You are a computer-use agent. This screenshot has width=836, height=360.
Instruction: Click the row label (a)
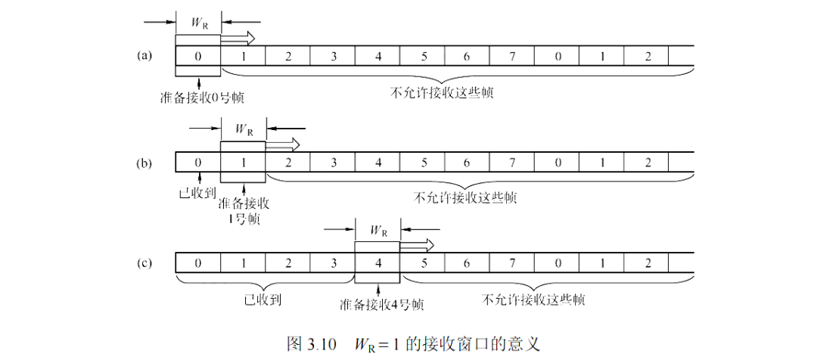coord(144,56)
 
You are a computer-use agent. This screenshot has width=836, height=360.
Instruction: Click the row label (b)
coord(144,163)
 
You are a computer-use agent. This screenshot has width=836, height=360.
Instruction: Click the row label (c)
coord(144,263)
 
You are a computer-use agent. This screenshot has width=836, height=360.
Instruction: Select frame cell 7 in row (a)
coord(511,56)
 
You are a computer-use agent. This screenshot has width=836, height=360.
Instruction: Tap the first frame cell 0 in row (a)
coord(197,56)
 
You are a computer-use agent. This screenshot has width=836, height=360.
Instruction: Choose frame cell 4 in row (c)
coord(378,263)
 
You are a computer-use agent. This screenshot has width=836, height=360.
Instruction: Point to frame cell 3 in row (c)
coord(332,263)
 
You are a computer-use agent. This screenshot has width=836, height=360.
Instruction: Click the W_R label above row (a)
coord(199,23)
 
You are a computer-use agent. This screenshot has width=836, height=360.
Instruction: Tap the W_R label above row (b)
coord(244,129)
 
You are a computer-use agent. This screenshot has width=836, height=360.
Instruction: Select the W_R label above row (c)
coord(378,230)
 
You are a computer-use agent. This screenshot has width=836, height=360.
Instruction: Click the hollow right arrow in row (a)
coord(238,39)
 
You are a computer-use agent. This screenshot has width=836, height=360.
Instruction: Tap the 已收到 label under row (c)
coord(263,299)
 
